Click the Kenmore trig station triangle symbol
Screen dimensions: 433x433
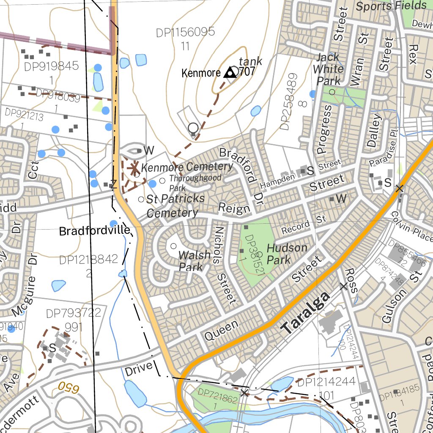coord(230,73)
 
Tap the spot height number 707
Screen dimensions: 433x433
coord(247,71)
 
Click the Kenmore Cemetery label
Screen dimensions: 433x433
coord(187,167)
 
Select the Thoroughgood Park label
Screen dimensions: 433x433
coord(195,183)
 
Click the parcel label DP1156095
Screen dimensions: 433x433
coord(185,33)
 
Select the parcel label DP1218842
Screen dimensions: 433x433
coord(88,260)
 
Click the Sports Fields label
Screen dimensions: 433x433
coord(391,6)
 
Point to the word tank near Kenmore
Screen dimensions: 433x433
coord(250,61)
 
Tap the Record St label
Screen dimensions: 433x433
coord(304,225)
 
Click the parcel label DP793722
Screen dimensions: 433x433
coord(74,313)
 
